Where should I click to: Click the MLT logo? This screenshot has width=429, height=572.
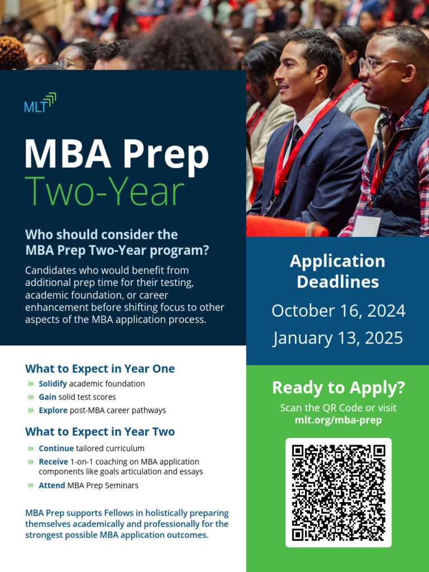40,103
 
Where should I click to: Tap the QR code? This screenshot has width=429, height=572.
339,493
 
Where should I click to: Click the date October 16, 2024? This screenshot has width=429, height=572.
338,311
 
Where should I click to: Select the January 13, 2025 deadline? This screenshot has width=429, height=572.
338,338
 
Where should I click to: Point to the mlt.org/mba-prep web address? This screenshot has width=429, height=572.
338,420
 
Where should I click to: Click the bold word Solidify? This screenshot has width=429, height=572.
53,384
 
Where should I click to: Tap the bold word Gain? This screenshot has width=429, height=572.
47,397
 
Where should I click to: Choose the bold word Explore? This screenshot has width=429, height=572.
53,411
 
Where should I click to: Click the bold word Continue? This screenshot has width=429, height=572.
56,449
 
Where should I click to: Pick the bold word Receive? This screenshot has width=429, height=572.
54,462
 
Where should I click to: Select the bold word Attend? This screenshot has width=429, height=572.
51,485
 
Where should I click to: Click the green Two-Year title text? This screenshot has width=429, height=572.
104,191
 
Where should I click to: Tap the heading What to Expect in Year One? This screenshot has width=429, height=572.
100,369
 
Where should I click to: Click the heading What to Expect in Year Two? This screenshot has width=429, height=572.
100,432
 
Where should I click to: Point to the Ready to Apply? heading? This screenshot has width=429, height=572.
338,387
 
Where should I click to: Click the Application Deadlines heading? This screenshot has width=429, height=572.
338,271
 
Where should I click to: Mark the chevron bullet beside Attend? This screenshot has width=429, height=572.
30,485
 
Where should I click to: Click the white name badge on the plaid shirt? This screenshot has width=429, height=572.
367,225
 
